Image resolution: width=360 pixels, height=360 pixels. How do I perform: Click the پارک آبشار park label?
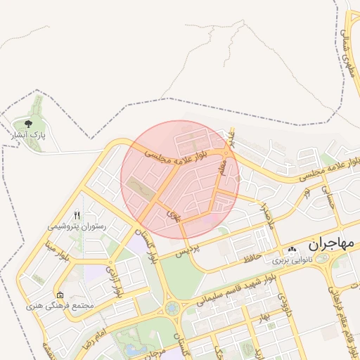29,133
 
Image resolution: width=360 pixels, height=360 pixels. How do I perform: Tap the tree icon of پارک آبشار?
28,124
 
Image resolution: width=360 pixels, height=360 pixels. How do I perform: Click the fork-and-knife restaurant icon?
77,215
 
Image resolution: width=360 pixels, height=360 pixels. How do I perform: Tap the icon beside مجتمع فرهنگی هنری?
60,295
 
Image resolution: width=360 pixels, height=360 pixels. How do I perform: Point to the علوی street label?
172,214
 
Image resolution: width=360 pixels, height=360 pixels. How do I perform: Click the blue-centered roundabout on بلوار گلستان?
172,308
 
